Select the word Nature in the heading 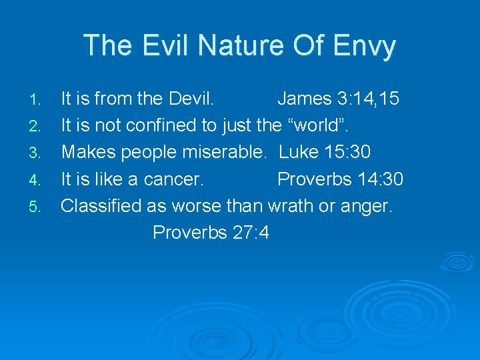pyautogui.click(x=231, y=45)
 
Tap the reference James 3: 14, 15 pyautogui.click(x=338, y=99)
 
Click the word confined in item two pyautogui.click(x=152, y=125)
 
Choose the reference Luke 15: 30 pyautogui.click(x=325, y=152)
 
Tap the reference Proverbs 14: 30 pyautogui.click(x=340, y=179)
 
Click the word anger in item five pyautogui.click(x=366, y=205)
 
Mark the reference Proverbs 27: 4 pyautogui.click(x=211, y=232)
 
